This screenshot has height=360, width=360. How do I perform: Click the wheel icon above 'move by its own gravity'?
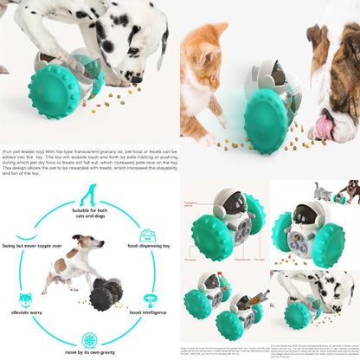89,337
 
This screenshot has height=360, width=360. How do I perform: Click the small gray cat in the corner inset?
325,191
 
